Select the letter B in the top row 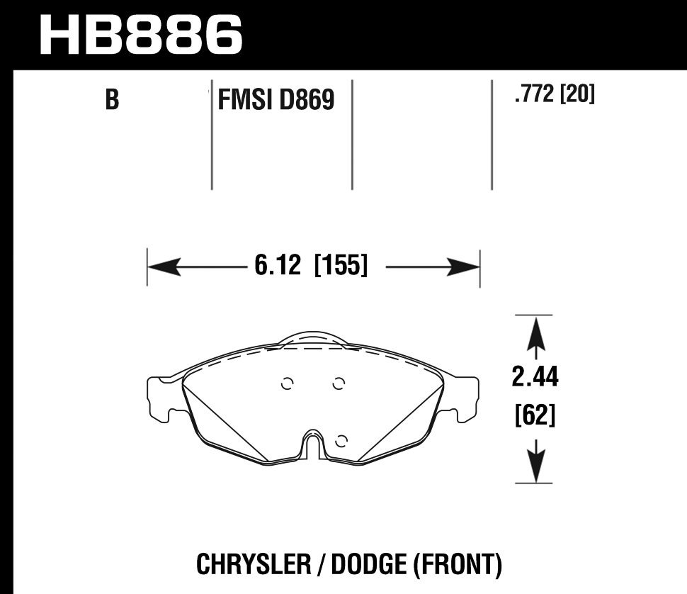111,101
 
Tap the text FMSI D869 276,101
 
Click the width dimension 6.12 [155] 310,267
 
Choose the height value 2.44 535,379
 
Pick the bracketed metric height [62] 534,415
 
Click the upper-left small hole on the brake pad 287,384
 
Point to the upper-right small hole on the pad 339,384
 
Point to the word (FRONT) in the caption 457,565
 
